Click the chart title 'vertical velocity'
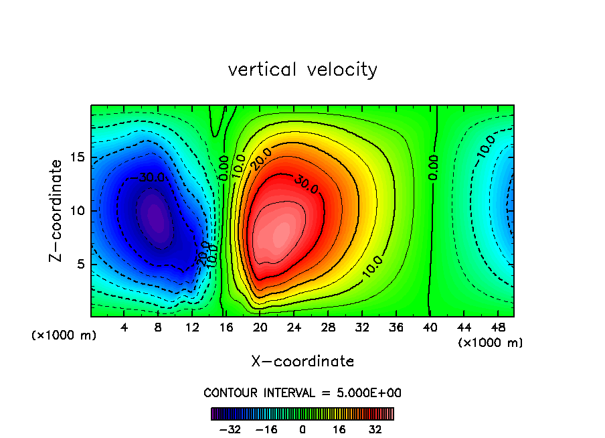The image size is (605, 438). [x=302, y=70]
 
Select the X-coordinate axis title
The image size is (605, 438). [x=302, y=362]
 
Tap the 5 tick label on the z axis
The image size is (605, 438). [x=80, y=264]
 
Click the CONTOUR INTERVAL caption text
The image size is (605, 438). [x=302, y=392]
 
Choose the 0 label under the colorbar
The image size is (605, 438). [x=302, y=429]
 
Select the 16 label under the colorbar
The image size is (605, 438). [x=339, y=429]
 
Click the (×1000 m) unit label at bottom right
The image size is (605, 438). [x=490, y=343]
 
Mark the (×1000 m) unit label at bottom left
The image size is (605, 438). [x=64, y=336]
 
